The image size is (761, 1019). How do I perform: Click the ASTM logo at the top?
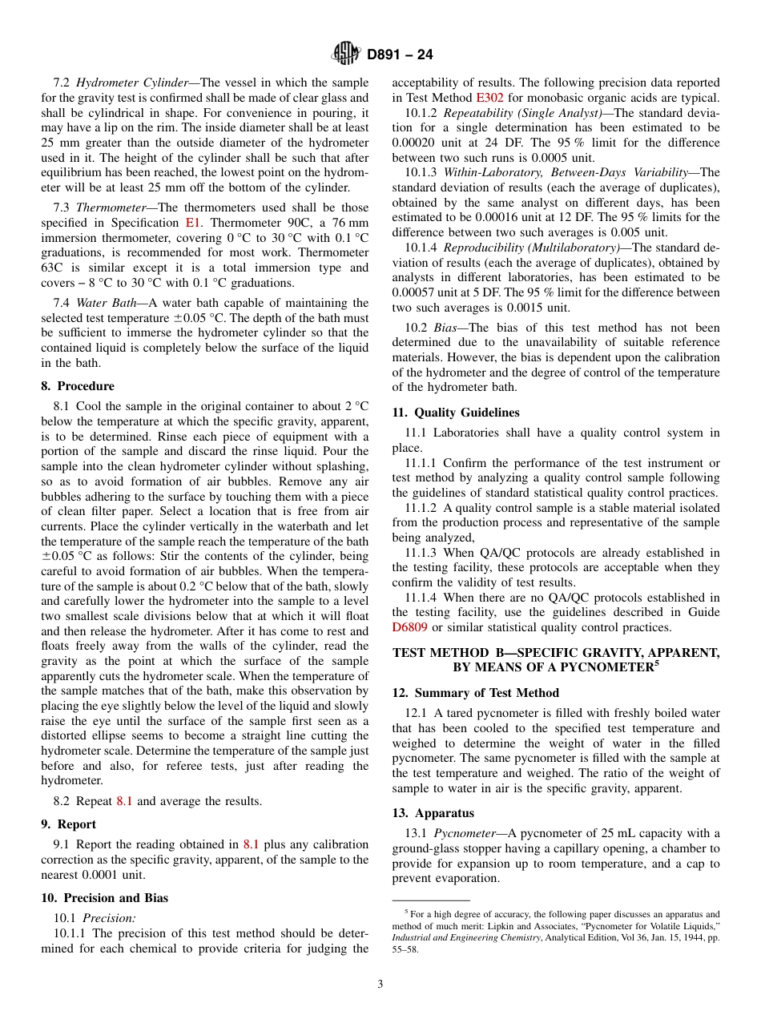click(346, 54)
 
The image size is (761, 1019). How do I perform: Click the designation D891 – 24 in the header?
click(400, 55)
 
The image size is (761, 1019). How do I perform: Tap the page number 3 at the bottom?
click(380, 984)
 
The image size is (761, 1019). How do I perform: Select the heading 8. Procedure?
click(78, 386)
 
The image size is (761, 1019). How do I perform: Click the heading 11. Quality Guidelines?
click(456, 413)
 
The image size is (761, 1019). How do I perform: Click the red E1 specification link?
click(193, 222)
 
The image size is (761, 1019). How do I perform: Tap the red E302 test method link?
click(489, 97)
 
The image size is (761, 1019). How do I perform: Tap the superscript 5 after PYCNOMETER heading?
click(655, 663)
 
